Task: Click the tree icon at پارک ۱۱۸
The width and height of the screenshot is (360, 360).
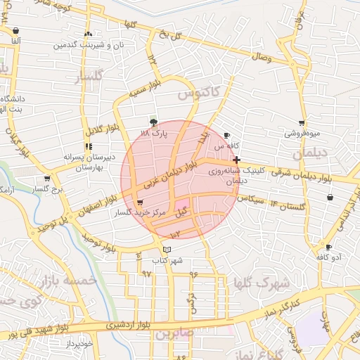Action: point(153,120)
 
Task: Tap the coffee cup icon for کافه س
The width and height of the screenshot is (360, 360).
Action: point(226,135)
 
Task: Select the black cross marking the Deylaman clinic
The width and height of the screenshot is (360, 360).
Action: point(237,160)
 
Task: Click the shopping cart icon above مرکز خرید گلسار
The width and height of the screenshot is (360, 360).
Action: point(141,202)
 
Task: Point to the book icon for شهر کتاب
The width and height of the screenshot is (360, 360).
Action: point(167,250)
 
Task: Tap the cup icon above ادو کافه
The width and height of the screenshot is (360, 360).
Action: point(328,247)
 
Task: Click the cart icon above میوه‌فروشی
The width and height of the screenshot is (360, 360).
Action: point(302,122)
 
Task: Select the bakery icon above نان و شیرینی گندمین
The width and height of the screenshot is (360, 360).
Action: point(88,34)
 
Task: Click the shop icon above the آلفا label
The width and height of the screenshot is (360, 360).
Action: point(15,31)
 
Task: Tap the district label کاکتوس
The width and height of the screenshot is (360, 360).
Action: point(198,92)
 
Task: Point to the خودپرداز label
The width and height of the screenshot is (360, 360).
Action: point(77,343)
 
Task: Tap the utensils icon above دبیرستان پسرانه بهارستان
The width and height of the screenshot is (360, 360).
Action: point(88,147)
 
